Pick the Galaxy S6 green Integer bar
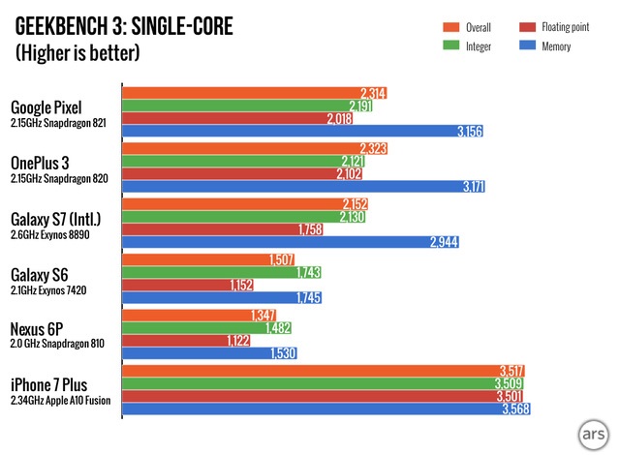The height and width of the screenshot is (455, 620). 222,273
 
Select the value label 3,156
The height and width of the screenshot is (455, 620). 468,131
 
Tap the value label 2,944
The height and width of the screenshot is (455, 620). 443,242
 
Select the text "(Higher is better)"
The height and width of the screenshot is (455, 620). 77,52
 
